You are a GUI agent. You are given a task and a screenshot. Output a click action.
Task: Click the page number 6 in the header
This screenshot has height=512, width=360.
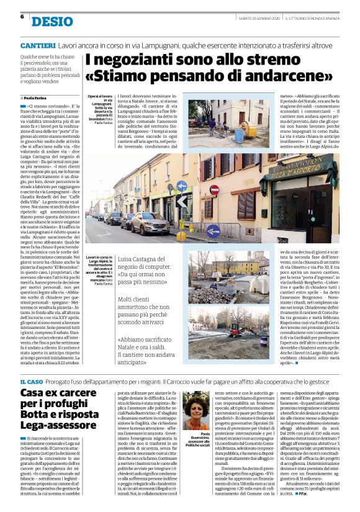click(x=22, y=17)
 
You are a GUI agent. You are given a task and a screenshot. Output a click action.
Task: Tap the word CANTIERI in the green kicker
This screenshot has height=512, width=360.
click(x=38, y=47)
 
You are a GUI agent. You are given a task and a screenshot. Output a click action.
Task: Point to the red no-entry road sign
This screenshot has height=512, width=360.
click(x=214, y=190)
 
